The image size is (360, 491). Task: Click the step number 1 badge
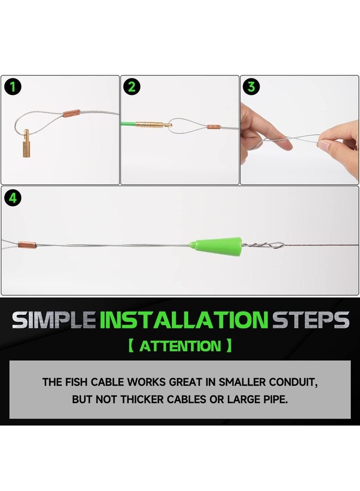(13, 87)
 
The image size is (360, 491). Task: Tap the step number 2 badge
(132, 87)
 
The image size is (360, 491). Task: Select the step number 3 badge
(251, 87)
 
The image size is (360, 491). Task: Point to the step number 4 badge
(13, 198)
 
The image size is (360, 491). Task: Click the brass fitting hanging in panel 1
(26, 143)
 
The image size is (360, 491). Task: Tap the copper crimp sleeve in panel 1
(71, 113)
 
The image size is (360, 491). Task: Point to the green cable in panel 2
(128, 123)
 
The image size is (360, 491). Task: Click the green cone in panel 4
(216, 244)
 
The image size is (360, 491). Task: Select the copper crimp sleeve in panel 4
(27, 245)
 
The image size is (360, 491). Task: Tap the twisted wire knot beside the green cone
(263, 245)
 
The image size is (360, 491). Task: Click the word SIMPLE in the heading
(53, 320)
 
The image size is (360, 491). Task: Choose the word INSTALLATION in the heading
(184, 320)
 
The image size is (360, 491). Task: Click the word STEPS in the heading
(310, 320)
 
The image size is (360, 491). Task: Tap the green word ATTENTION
(180, 346)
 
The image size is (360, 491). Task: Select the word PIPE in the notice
(276, 399)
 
